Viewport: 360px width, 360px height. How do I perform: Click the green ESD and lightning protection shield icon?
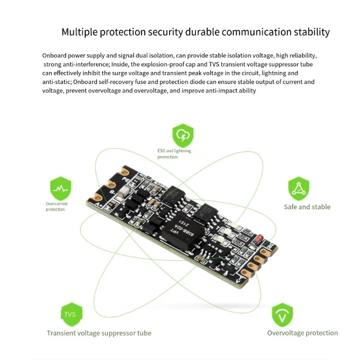[x=183, y=135]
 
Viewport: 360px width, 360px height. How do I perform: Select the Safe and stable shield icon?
[x=299, y=189]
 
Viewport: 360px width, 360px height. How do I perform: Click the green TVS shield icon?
[x=70, y=314]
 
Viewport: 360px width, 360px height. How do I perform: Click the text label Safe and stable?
[x=307, y=207]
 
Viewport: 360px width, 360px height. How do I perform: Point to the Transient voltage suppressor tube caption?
[x=99, y=333]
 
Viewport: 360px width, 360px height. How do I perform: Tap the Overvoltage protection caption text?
[x=302, y=333]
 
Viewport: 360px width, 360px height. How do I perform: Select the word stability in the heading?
[x=311, y=32]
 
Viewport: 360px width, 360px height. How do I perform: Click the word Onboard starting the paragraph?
[x=55, y=56]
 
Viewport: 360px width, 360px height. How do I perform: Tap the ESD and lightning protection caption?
[x=174, y=154]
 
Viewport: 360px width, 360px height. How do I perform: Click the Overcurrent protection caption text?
[x=57, y=207]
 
